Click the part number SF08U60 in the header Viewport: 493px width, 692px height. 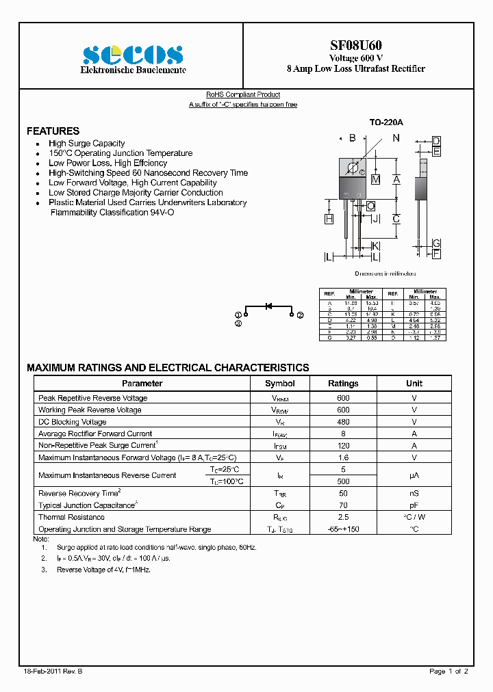click(355, 46)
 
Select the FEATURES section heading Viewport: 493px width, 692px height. click(53, 131)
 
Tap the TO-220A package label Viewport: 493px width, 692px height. click(386, 122)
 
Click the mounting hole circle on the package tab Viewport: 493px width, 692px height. click(353, 168)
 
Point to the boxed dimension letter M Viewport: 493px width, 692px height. click(375, 180)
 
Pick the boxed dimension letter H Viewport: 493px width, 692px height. click(329, 219)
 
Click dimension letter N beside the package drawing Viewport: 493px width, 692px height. click(396, 138)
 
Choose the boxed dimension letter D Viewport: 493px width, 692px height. click(436, 142)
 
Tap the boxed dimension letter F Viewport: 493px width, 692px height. click(436, 254)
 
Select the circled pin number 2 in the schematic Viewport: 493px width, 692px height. click(300, 315)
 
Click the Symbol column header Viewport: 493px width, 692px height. click(279, 384)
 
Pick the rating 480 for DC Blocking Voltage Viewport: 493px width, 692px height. click(343, 422)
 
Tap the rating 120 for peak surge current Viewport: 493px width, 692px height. click(343, 446)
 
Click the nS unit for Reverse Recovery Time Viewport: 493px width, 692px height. click(414, 493)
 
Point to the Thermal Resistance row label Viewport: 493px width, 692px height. click(71, 517)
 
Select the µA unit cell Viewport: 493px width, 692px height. click(414, 475)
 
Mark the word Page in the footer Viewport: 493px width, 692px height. click(438, 671)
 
